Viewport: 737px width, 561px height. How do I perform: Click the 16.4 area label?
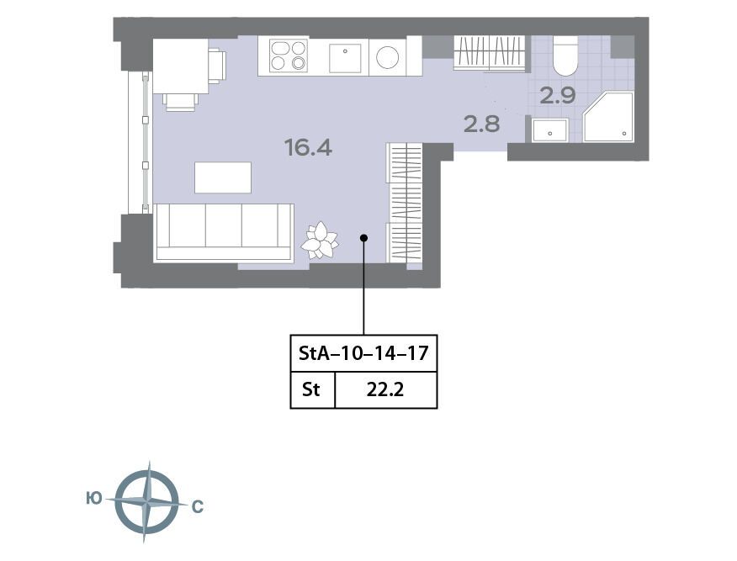point(308,147)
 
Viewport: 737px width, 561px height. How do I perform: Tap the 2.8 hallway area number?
point(482,124)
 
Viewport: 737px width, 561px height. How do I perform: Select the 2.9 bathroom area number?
point(558,95)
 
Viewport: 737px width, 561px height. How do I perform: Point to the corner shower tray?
point(608,117)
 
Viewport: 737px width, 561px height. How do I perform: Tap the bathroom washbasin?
point(550,130)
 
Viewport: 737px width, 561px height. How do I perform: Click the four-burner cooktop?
point(288,56)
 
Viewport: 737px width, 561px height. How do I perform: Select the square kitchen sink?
point(345,58)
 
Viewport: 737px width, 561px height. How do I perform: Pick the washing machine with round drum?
point(387,57)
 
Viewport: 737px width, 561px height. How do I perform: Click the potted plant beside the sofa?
point(320,241)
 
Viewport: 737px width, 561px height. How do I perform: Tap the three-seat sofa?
point(224,233)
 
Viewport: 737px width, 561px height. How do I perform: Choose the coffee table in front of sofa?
point(223,177)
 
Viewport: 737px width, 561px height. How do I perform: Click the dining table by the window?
point(181,66)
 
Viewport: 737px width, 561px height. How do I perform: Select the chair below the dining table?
point(179,103)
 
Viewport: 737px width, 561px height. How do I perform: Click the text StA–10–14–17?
point(363,353)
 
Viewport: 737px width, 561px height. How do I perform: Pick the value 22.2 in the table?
point(385,390)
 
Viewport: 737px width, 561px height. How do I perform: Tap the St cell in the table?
point(310,389)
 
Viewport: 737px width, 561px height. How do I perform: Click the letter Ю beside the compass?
point(94,498)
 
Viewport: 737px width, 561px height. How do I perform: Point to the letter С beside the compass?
point(198,506)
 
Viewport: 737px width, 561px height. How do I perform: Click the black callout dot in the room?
point(363,238)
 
